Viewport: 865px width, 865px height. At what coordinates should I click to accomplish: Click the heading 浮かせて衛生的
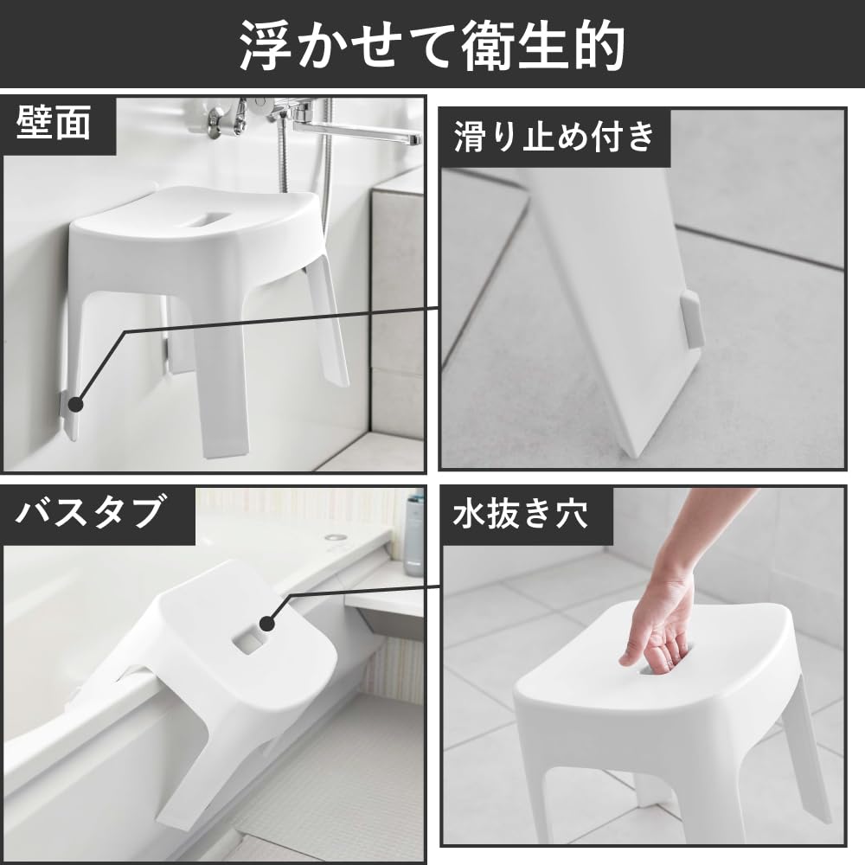point(432,45)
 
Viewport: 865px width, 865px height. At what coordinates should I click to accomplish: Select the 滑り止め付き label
point(554,137)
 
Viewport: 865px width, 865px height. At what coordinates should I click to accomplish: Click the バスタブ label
point(91,513)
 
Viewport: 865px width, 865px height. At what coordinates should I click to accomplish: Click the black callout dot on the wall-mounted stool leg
point(75,404)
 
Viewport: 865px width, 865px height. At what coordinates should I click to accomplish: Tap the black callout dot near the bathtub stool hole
point(267,621)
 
